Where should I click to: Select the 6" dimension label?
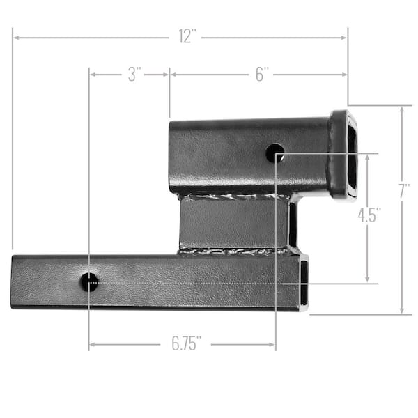click(262, 75)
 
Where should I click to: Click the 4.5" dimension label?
click(369, 215)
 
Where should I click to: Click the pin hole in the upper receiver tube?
click(275, 153)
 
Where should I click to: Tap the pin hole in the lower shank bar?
click(89, 282)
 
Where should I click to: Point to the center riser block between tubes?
click(233, 223)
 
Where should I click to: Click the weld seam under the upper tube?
click(233, 196)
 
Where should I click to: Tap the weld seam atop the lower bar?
click(233, 251)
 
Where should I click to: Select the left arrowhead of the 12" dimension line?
click(15, 37)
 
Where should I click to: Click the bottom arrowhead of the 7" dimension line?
click(402, 311)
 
